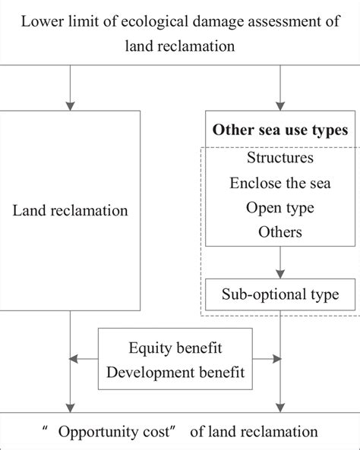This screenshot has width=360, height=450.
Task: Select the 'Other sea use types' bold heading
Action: click(x=280, y=130)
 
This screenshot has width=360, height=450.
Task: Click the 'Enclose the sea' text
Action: click(x=280, y=183)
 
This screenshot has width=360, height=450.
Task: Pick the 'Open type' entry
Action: click(x=280, y=207)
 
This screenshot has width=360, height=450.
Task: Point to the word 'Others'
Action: click(x=280, y=231)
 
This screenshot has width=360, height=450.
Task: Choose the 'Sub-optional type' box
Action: click(x=280, y=294)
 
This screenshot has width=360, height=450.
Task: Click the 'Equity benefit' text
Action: click(x=175, y=350)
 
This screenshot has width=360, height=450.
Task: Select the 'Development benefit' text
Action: click(x=175, y=373)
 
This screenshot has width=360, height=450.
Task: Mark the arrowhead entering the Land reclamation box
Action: click(x=70, y=105)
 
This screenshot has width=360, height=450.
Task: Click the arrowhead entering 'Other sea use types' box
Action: click(x=280, y=105)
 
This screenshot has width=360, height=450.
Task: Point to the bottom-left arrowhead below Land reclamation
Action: click(x=70, y=408)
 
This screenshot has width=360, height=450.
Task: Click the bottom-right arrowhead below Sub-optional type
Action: click(x=280, y=408)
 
